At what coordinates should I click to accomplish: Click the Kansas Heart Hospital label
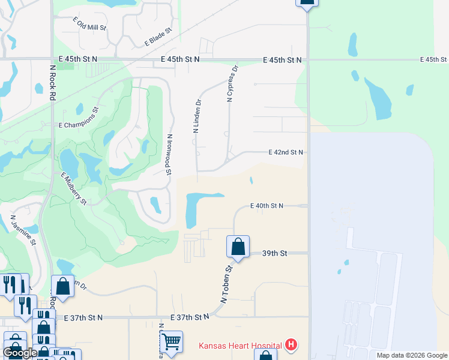[240, 346]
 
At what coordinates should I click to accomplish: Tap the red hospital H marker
[291, 345]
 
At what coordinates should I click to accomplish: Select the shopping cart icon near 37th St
[172, 341]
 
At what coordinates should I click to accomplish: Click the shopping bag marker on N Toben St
[238, 246]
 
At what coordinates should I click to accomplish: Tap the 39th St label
[275, 254]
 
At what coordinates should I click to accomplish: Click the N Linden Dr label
[196, 116]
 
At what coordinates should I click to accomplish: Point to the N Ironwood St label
[170, 155]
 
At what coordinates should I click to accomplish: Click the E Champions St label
[79, 118]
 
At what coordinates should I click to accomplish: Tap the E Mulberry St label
[74, 188]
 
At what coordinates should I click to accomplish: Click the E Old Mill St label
[89, 24]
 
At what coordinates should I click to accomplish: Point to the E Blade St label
[158, 37]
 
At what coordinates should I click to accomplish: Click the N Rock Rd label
[53, 83]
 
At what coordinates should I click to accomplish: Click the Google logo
[20, 353]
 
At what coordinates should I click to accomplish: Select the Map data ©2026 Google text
[411, 355]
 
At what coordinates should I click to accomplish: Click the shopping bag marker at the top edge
[307, 2]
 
